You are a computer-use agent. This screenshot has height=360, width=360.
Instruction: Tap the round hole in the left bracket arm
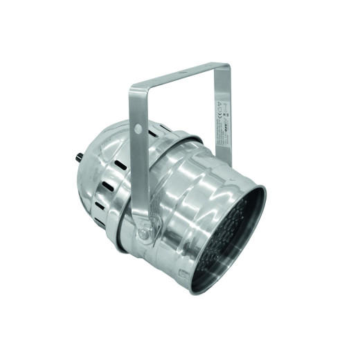click(x=137, y=129)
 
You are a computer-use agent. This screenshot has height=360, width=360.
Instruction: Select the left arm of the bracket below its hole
click(x=138, y=180)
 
